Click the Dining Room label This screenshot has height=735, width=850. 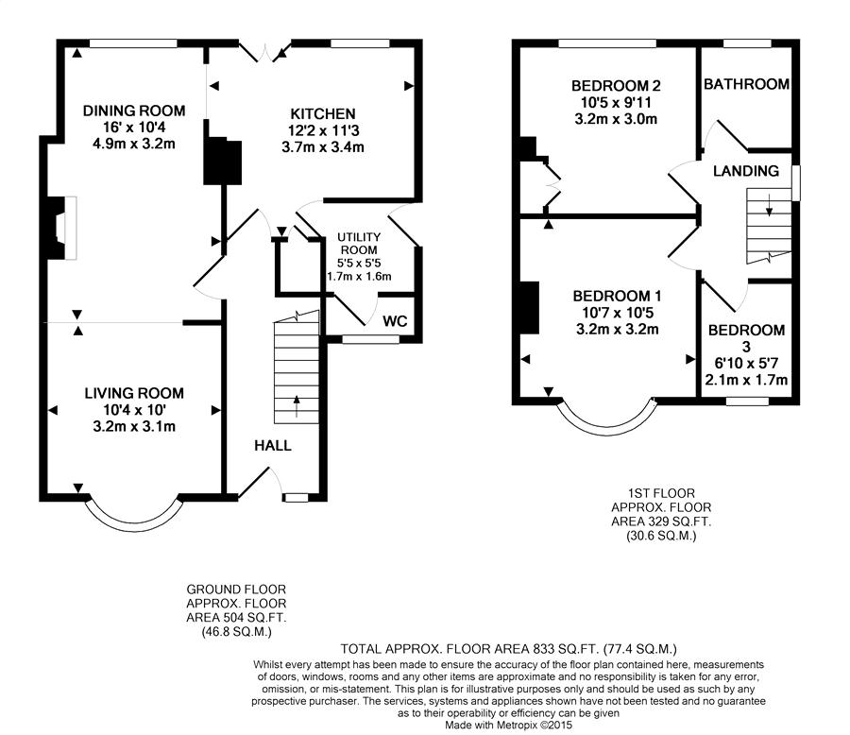pos(134,111)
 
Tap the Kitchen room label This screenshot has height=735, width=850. pos(323,114)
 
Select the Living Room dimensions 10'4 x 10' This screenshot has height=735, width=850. pos(134,410)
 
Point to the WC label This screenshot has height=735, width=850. pos(395,321)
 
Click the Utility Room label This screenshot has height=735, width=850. pos(359,244)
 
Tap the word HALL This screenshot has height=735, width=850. pos(273,446)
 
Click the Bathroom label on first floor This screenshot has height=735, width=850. pos(746,84)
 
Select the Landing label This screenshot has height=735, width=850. pos(746,171)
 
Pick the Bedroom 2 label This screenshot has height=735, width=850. pos(617,86)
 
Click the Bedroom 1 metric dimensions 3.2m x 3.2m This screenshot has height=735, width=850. pos(618,330)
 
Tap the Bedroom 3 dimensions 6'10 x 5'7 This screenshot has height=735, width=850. pos(746,364)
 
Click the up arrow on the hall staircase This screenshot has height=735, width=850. pos(297,406)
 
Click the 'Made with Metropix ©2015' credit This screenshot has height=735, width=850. pos(508,726)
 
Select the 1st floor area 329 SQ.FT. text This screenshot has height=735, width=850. pos(661,521)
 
